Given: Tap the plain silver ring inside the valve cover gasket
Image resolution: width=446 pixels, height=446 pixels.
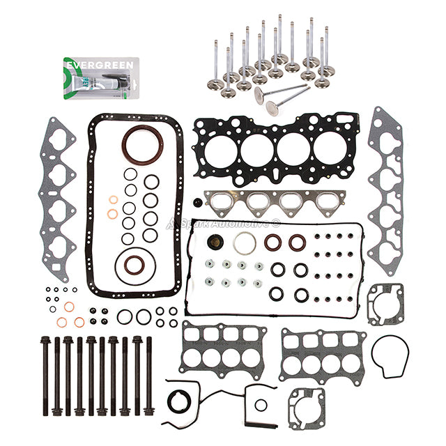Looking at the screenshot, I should click(x=244, y=244).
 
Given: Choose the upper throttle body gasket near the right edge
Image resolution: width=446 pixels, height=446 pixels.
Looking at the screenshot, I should click(x=385, y=303).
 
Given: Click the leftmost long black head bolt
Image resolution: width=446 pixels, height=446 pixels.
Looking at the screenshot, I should click(x=45, y=369).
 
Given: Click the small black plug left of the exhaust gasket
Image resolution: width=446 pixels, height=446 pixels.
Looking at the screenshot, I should click(x=198, y=203).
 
